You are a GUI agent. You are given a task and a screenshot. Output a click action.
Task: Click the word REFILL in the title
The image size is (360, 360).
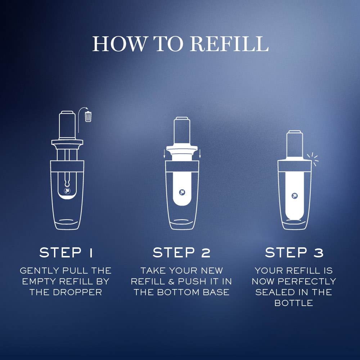(x=229, y=44)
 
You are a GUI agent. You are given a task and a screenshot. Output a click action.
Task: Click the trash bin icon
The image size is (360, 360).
(x=88, y=117)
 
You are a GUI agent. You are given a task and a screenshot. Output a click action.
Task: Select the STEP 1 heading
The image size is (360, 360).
(x=66, y=253)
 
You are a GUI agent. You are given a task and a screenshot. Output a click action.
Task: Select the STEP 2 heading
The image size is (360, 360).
(x=181, y=253)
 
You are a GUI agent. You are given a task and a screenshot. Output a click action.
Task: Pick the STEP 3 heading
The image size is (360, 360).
(x=294, y=253)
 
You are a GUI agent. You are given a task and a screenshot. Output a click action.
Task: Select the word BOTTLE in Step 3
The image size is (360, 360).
(x=294, y=303)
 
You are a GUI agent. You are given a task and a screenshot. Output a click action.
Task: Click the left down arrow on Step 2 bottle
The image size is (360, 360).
(x=165, y=154)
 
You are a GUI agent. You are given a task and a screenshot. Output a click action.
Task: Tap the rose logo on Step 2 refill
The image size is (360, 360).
(x=182, y=192)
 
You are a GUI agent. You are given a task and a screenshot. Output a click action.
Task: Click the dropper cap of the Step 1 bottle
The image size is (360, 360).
(x=67, y=125)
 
